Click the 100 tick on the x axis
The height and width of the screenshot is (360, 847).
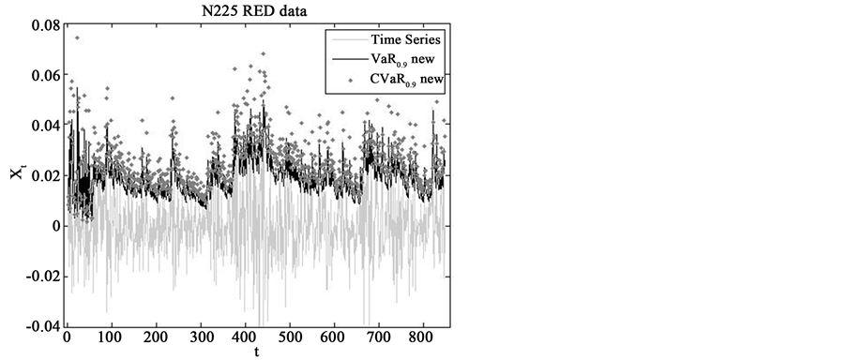111,337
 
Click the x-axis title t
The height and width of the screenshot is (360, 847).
255,352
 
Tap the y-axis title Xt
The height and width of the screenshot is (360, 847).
18,176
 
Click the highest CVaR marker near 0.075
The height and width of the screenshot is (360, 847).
77,38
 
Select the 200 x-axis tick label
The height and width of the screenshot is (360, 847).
156,337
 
